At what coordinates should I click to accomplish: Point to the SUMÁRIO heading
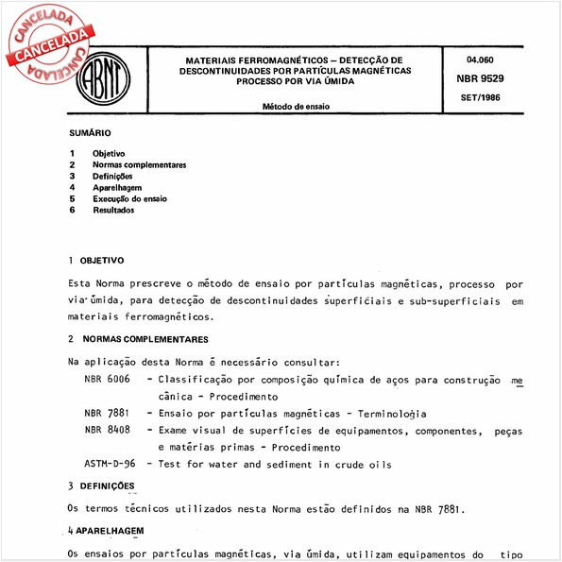(90, 134)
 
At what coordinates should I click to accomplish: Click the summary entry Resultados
(113, 210)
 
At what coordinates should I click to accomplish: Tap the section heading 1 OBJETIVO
(96, 259)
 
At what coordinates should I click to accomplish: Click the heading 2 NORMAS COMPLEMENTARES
(138, 338)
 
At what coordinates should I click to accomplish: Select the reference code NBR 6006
(106, 379)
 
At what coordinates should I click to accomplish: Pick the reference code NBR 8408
(106, 430)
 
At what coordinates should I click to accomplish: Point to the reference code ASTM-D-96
(110, 464)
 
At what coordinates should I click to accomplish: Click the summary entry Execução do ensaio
(130, 198)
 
